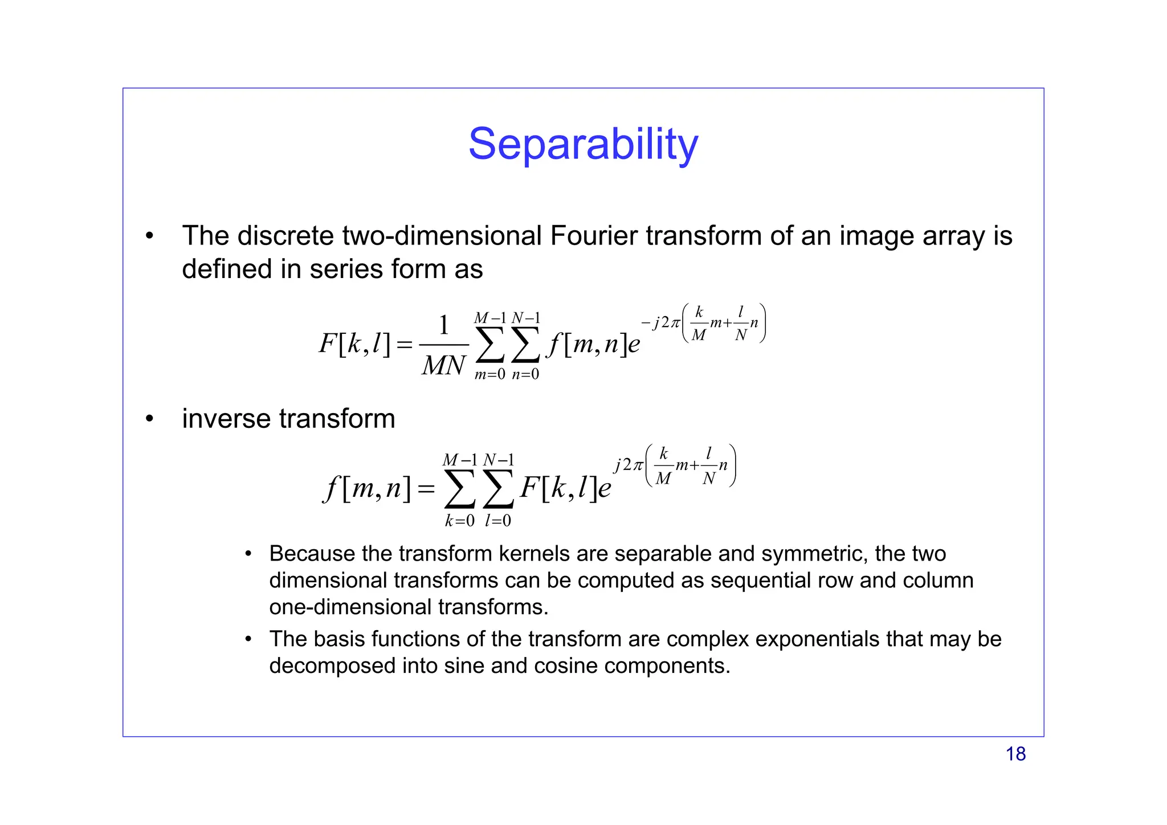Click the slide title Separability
coord(583,144)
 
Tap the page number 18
coord(1015,754)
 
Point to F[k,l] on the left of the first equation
coord(354,344)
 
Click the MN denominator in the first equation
coord(443,365)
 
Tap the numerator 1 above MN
coord(444,326)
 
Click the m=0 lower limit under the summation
coord(489,374)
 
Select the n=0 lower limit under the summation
coord(525,374)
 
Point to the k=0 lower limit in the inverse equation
coord(459,521)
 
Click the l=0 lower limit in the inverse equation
coord(498,521)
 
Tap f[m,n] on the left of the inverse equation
coord(366,488)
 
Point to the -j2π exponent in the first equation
coord(660,323)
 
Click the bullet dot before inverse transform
coord(149,419)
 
